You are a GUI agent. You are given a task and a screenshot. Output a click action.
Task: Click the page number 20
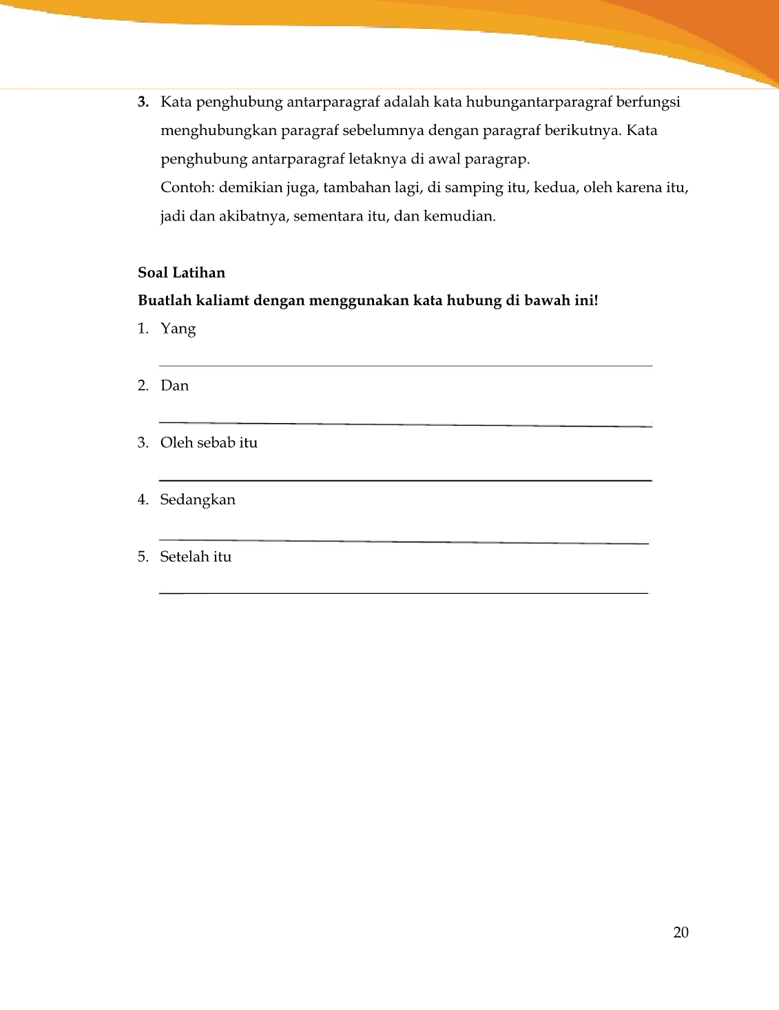point(681,933)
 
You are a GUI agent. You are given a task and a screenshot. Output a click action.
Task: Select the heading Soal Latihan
point(181,273)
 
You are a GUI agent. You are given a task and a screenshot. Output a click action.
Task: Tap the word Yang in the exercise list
point(178,329)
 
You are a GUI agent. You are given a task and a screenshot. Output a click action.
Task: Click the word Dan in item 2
point(174,386)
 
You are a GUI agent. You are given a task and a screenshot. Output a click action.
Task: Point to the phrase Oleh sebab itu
point(209,443)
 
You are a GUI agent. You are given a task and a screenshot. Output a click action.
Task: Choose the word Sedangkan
point(198,500)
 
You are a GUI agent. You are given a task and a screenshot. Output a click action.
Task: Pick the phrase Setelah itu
point(196,557)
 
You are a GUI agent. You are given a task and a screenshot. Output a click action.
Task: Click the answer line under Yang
point(405,366)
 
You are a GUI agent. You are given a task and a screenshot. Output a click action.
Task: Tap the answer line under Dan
point(405,424)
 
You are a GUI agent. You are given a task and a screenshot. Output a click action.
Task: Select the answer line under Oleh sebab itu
point(405,480)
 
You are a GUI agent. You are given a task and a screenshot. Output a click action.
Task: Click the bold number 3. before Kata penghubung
point(143,103)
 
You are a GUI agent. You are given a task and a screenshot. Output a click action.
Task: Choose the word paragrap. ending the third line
point(498,160)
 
